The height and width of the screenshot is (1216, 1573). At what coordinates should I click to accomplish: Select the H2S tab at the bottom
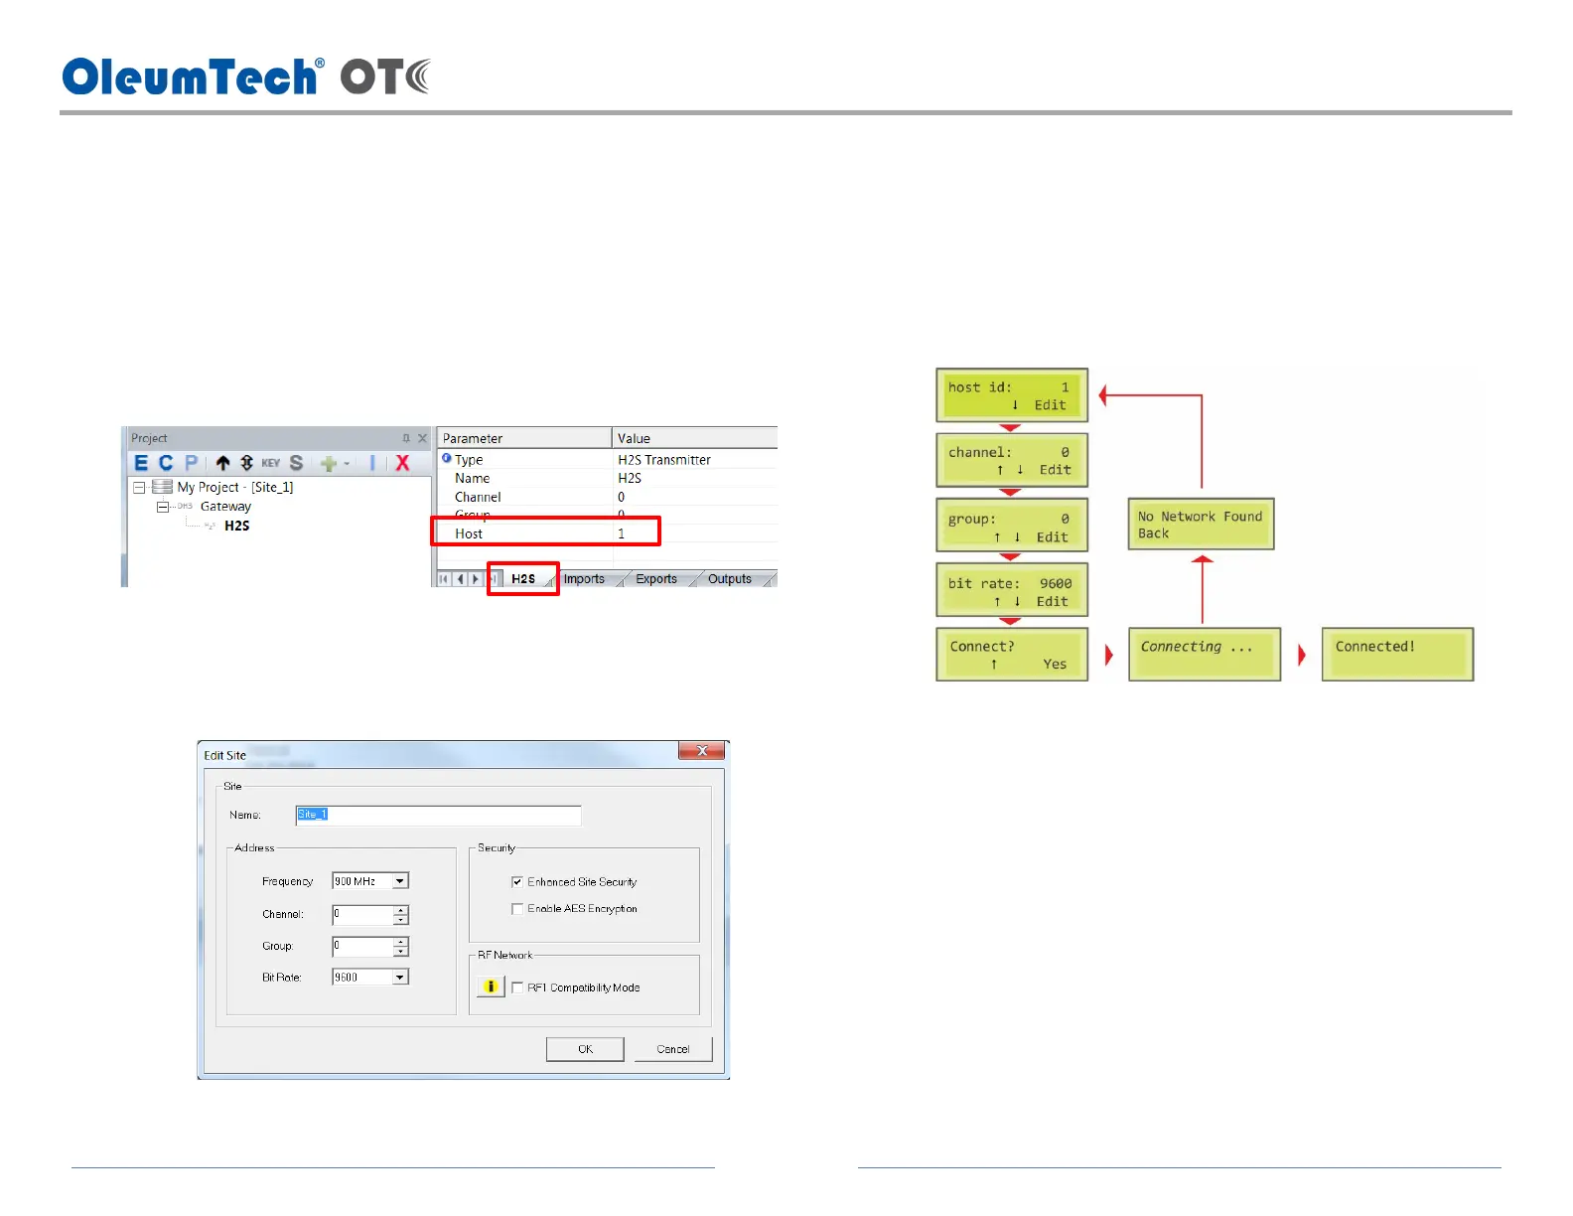click(x=523, y=578)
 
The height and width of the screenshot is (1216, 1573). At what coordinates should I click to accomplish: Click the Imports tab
click(x=584, y=578)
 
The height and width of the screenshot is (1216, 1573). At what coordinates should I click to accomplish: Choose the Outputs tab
click(x=730, y=578)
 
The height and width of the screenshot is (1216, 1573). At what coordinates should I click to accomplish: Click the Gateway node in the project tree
click(x=225, y=507)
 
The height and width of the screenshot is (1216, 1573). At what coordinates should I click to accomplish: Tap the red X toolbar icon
click(x=402, y=463)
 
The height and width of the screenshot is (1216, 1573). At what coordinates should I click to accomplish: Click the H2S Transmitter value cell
click(x=664, y=460)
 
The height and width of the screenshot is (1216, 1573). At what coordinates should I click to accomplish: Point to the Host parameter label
click(x=469, y=533)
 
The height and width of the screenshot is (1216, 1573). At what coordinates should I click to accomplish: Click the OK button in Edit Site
click(x=585, y=1049)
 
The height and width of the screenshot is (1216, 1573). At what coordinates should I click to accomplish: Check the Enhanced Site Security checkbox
click(x=517, y=881)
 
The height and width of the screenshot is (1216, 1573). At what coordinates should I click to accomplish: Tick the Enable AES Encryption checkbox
click(x=517, y=908)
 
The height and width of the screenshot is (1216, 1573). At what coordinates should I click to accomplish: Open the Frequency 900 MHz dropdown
click(x=399, y=881)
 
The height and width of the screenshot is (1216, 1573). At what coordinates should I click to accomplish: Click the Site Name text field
click(x=438, y=815)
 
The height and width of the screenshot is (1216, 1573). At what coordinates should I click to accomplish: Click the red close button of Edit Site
click(x=702, y=751)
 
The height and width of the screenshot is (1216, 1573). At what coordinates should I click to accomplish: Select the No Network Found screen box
click(x=1201, y=525)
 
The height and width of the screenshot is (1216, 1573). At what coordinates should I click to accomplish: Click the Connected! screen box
click(x=1397, y=654)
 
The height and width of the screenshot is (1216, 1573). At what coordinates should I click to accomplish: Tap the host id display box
click(x=1012, y=395)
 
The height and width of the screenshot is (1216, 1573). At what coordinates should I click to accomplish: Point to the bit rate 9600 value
click(x=1056, y=583)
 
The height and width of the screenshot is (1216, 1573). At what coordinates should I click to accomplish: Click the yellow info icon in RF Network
click(x=491, y=987)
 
